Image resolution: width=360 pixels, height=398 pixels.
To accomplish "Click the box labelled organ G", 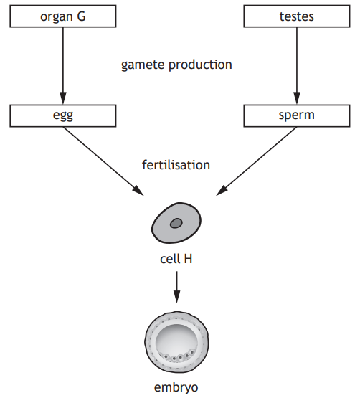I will click(62, 16).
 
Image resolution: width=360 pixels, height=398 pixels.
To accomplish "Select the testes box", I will click(295, 16).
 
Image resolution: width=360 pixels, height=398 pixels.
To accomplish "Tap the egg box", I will click(62, 114).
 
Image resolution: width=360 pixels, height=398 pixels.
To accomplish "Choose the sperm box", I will click(295, 114).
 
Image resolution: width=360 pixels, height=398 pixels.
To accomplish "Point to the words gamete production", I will click(176, 65).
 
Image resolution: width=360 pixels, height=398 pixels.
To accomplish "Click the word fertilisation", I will click(176, 165).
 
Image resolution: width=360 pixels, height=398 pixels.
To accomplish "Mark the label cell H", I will click(176, 258).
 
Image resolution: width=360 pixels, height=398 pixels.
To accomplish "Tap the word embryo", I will click(176, 388).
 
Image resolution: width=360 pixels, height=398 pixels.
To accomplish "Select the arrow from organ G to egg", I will click(62, 65).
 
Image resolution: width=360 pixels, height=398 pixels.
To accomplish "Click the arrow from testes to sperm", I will click(295, 65).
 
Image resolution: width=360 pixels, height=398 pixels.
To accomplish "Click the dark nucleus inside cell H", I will click(176, 224).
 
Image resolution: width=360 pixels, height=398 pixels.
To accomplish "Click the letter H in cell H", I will click(188, 258).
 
